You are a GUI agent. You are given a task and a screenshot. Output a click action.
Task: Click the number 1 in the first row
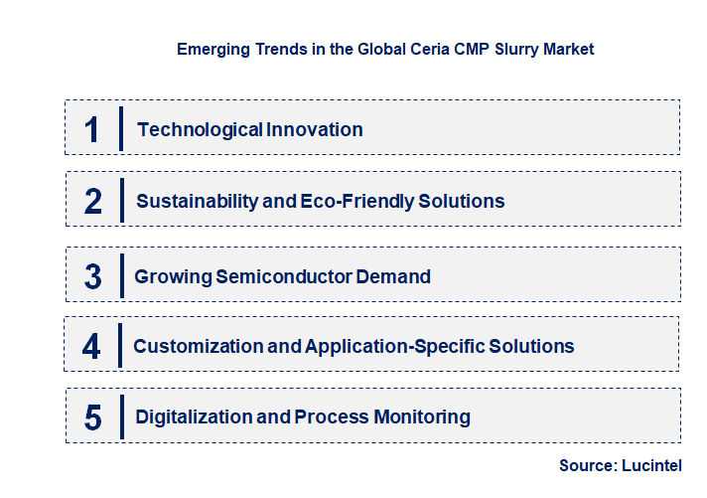coord(92,129)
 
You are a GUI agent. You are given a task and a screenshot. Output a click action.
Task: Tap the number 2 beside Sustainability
coord(93,201)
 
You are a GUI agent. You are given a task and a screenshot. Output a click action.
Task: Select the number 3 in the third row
coord(92,276)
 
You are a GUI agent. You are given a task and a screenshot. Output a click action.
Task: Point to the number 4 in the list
coord(91,347)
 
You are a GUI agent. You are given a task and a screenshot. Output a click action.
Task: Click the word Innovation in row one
coord(314,129)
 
